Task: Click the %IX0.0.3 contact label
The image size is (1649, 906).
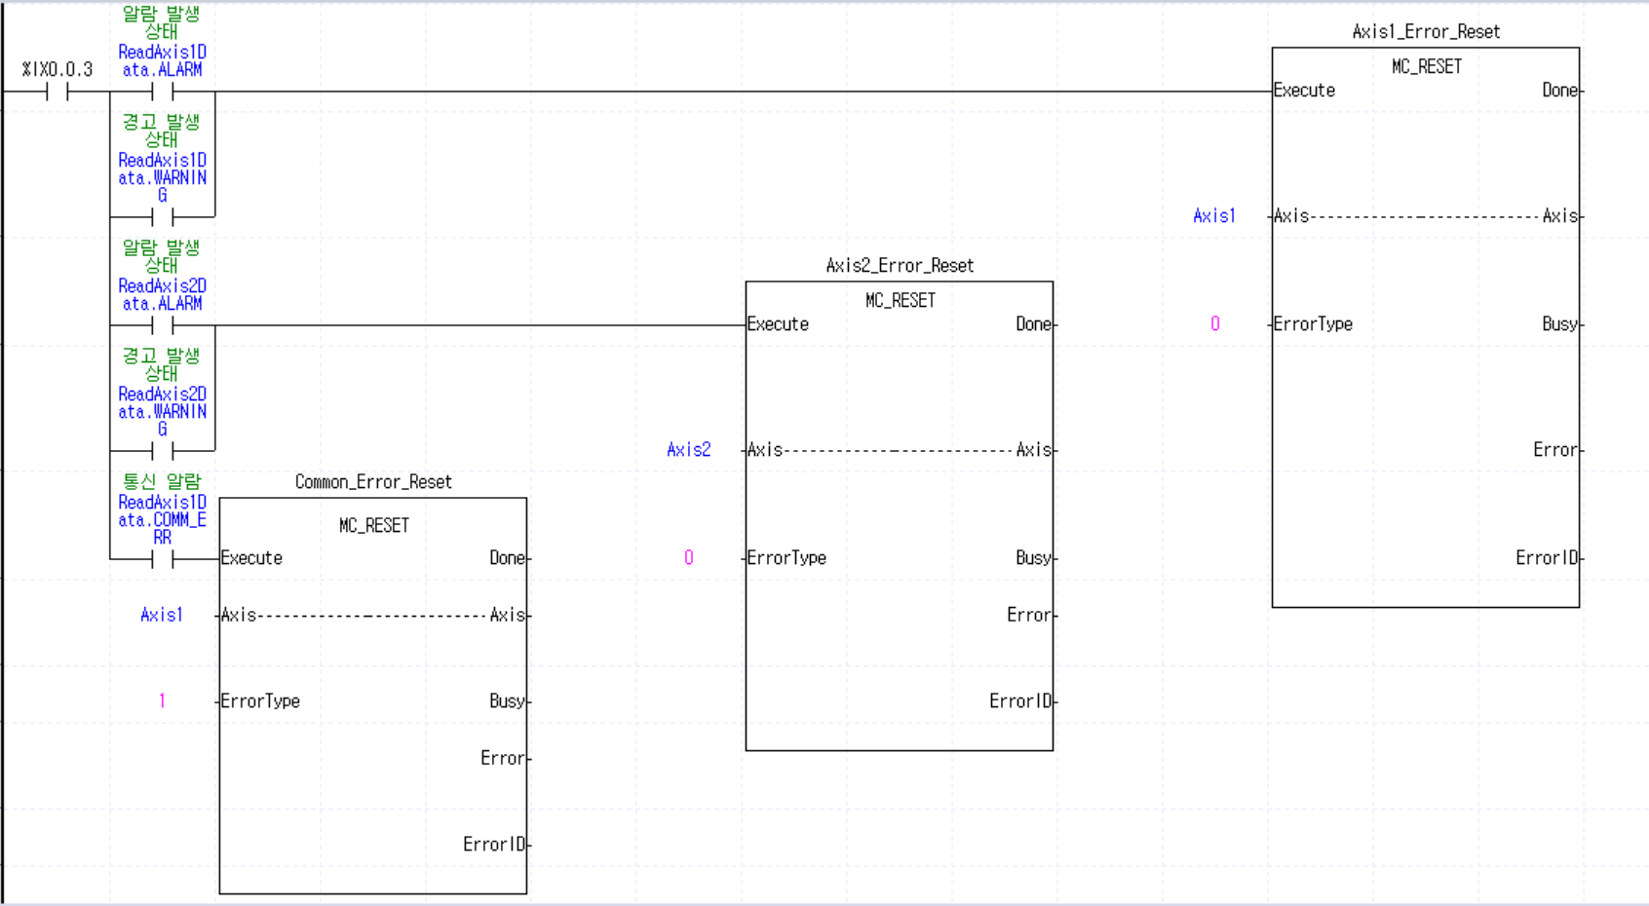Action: [x=58, y=70]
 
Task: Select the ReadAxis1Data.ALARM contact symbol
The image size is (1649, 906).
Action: [x=162, y=92]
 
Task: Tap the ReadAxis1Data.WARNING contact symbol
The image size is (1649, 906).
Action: [x=162, y=216]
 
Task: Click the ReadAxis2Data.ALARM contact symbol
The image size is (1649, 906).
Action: [x=162, y=325]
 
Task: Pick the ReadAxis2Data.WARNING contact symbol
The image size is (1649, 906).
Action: [x=162, y=450]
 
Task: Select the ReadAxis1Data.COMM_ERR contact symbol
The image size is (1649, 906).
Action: [x=162, y=559]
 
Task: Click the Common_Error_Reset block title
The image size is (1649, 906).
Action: [x=373, y=482]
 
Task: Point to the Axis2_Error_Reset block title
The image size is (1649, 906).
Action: [x=900, y=266]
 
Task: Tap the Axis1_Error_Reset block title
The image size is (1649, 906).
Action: [x=1426, y=32]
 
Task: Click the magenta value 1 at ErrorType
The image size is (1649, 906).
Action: [x=162, y=701]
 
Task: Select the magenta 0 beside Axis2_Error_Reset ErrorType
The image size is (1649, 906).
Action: [x=688, y=558]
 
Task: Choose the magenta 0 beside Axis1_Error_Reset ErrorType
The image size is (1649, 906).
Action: [x=1214, y=324]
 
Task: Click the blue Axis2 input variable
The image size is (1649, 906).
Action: [x=688, y=450]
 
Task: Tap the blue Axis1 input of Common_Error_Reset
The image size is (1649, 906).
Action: [x=162, y=616]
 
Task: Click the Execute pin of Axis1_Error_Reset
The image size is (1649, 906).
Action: [x=1304, y=91]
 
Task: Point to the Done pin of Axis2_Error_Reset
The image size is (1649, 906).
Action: [x=1033, y=324]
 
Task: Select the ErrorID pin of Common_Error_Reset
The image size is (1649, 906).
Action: [x=494, y=845]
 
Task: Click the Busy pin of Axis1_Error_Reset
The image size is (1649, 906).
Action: [x=1559, y=324]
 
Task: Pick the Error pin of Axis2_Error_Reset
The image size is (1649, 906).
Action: [x=1028, y=616]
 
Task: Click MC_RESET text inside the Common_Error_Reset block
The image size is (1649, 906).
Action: [x=373, y=526]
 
